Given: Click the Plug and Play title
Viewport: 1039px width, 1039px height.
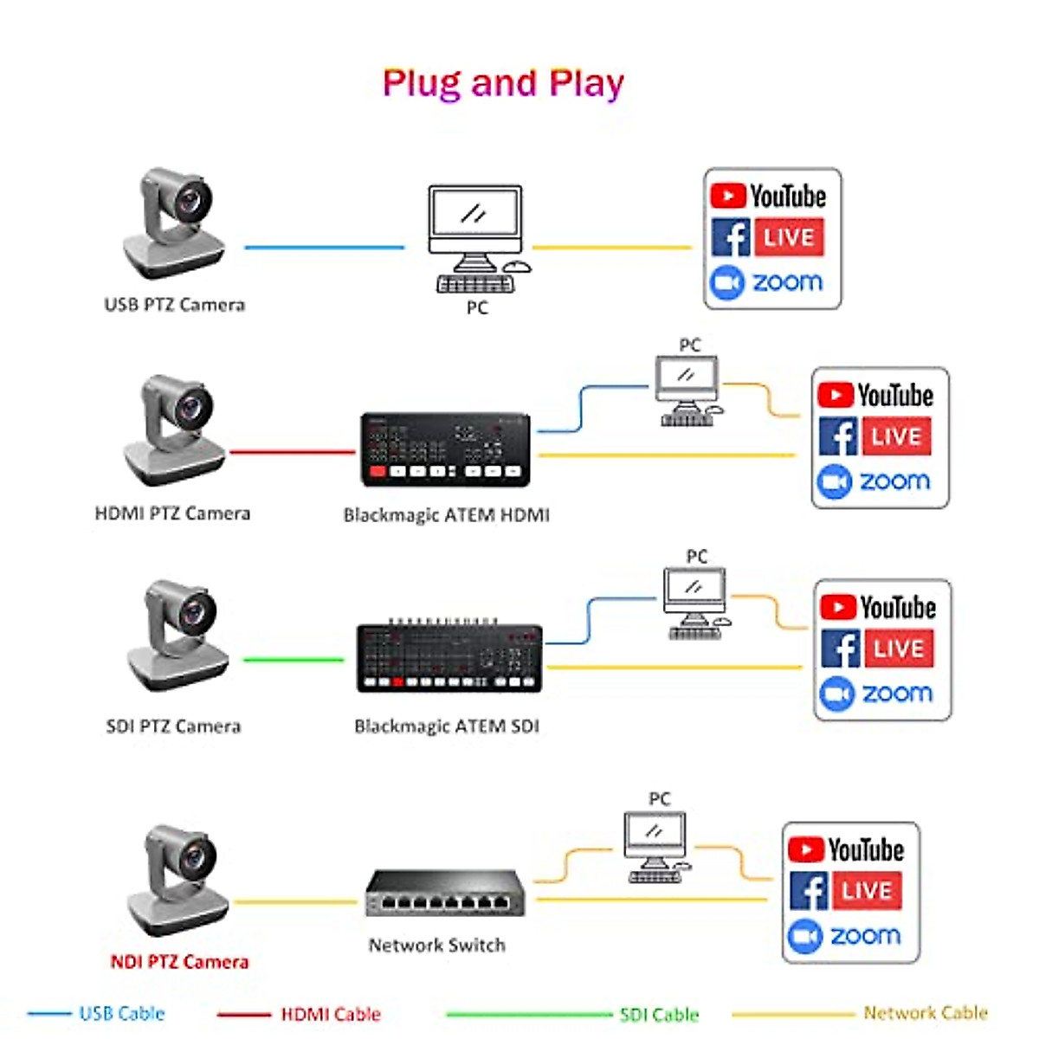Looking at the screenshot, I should [x=503, y=83].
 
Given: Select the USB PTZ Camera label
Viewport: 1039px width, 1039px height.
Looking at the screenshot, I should [x=174, y=305].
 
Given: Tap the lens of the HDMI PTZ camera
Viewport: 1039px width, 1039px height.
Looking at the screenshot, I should [x=192, y=405].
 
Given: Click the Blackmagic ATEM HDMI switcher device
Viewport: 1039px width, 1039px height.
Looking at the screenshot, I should [x=445, y=449].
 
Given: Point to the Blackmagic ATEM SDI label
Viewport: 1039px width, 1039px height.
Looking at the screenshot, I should [x=446, y=726].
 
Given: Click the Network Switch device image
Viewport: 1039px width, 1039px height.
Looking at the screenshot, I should [x=442, y=894].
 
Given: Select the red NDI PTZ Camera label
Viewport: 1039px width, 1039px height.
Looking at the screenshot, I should [x=179, y=962].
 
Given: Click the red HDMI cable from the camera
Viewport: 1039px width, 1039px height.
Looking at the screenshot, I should [x=292, y=452].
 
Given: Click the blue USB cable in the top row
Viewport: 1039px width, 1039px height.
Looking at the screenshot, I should [x=324, y=248].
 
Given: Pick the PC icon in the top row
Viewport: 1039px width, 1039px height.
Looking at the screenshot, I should [x=477, y=238].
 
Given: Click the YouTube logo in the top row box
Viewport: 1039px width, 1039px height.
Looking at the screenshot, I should [x=768, y=197].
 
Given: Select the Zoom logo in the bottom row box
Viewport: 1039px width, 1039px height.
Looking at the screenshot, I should [x=845, y=936].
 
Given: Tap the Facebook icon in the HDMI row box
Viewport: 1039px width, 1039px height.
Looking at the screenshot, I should [x=837, y=436].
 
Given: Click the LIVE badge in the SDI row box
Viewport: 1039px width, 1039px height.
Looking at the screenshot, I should [x=899, y=649].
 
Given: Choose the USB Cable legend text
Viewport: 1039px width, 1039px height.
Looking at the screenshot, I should [x=121, y=1014].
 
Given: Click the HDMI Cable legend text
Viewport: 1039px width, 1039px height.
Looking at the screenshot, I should [x=331, y=1014].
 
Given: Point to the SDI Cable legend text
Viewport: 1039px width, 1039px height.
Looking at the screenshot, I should [x=659, y=1015].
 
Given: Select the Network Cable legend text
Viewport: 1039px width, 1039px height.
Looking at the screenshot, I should [x=926, y=1013].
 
